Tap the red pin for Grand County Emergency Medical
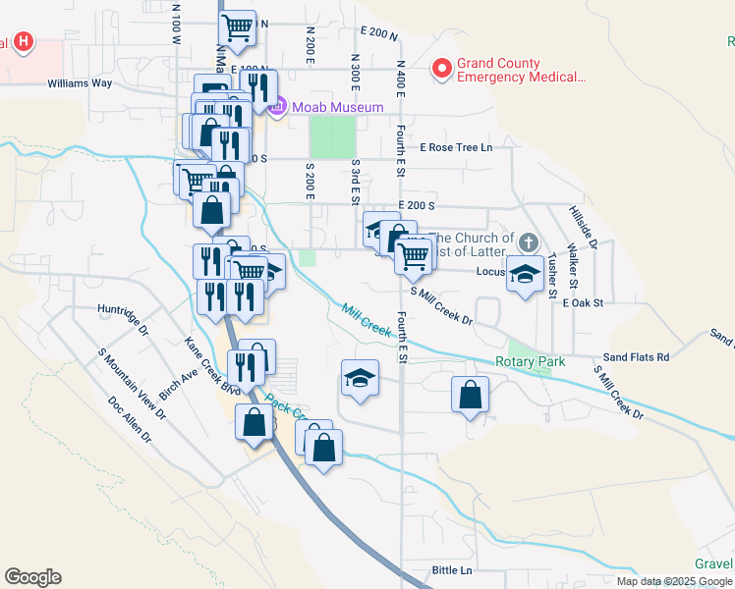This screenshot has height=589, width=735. coord(442,69)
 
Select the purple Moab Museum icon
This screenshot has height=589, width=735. coord(277,106)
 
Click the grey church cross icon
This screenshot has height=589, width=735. coord(529,242)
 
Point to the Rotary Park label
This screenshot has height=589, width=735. coord(531,362)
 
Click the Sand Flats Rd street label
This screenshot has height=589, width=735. coord(636,357)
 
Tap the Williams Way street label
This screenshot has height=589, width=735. coord(80,83)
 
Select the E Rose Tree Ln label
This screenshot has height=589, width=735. coord(455,147)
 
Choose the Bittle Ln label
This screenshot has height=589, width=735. coord(452,570)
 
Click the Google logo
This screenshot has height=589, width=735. coord(32,577)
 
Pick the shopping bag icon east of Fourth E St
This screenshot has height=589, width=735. coord(471,395)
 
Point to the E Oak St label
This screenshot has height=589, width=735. coord(581,303)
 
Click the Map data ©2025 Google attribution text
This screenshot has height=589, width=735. coord(674,581)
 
